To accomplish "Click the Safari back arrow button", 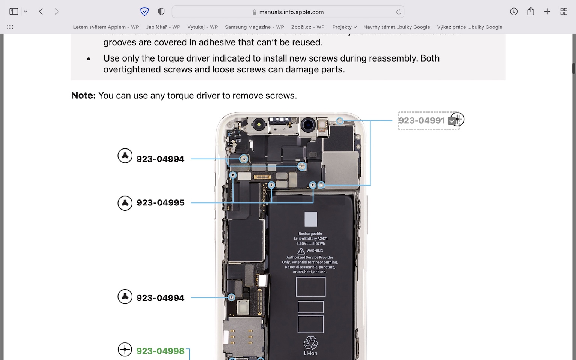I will point(41,12).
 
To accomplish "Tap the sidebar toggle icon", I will point(14,12).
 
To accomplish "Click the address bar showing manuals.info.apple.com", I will point(288,12).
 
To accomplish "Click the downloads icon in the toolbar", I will point(514,12).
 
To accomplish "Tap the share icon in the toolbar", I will point(530,12).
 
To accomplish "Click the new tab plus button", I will point(547,12).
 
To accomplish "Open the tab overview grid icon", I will point(564,12).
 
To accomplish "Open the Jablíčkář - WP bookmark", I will point(163,27).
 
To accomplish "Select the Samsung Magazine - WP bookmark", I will point(254,27).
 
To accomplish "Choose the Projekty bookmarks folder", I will point(344,27).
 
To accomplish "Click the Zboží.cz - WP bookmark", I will point(307,27).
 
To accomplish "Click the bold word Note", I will point(83,96).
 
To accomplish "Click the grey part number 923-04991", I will point(421,121).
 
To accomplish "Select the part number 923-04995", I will point(160,203).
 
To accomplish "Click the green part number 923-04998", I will point(160,351).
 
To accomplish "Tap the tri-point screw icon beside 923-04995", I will point(125,203).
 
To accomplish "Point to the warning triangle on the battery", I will point(301,251).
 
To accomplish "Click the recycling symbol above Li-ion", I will point(310,342).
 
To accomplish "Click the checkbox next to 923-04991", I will point(451,121).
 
